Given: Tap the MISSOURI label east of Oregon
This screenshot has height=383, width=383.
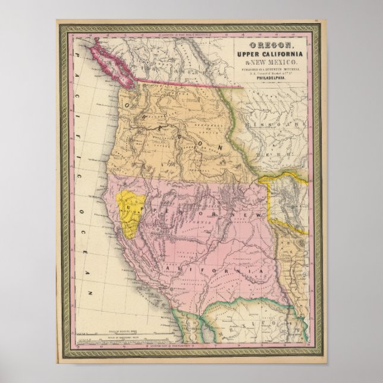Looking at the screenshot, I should pos(279,127).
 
